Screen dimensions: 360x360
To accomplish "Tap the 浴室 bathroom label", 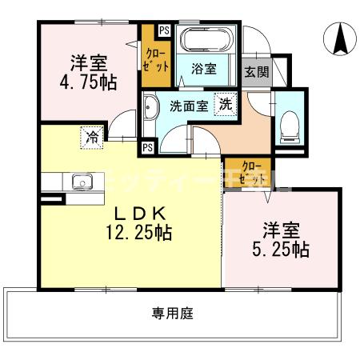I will pos(204,69).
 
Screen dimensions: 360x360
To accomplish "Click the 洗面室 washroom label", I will pos(188,105).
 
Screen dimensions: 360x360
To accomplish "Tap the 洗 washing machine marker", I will pos(226,103).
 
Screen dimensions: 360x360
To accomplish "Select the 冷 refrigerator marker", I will pos(93,137).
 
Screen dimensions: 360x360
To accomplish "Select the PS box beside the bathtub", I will pos(163,31).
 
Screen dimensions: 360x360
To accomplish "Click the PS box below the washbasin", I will pos(148,147).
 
